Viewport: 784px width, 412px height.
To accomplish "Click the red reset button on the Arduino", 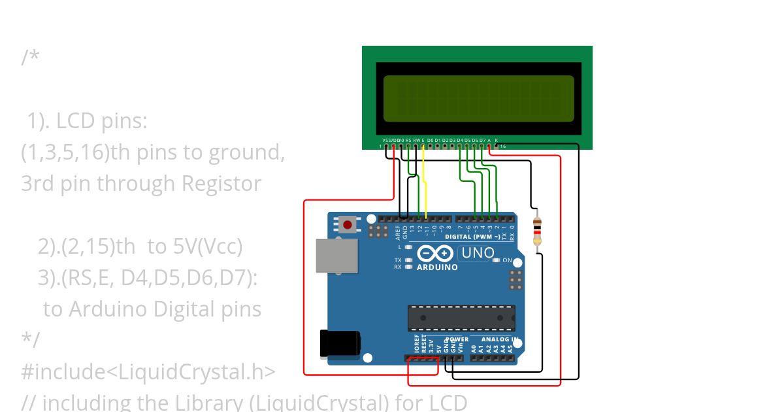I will point(347,226).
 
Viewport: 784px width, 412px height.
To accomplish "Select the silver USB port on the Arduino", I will point(336,255).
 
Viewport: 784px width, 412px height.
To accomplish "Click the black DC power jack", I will point(340,344).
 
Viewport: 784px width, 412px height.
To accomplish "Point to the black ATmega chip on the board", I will point(461,318).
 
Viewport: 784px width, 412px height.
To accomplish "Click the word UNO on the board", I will point(478,253).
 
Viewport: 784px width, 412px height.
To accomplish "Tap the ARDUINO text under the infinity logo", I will point(437,267).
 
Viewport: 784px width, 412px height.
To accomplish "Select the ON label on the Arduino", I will point(507,260).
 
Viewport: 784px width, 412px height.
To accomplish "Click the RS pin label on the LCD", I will point(408,141).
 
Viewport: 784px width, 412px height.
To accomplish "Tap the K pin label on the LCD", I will point(497,141).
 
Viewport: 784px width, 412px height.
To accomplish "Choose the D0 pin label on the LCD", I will point(430,141).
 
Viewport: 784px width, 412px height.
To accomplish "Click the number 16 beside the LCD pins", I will point(503,146).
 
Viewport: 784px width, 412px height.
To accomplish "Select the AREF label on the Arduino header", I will point(397,231).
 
